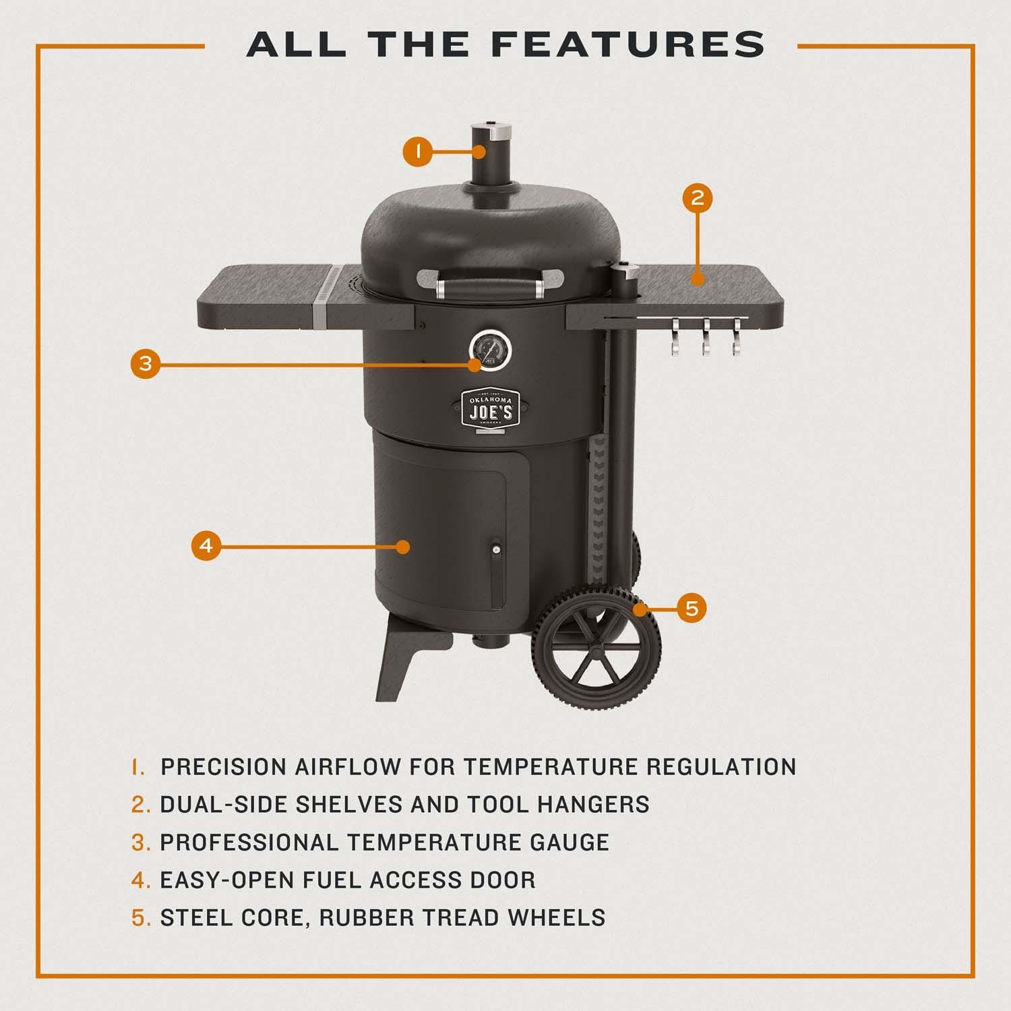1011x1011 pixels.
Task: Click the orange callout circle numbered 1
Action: click(x=419, y=151)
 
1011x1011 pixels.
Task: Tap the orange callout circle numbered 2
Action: click(x=698, y=197)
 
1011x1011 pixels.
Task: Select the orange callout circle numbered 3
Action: click(x=146, y=365)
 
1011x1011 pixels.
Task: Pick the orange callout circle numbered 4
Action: click(x=207, y=545)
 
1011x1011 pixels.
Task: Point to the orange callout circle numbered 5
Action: click(x=692, y=609)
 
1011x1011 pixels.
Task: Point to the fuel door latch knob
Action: click(x=497, y=550)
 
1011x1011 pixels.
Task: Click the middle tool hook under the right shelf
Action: click(x=706, y=336)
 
